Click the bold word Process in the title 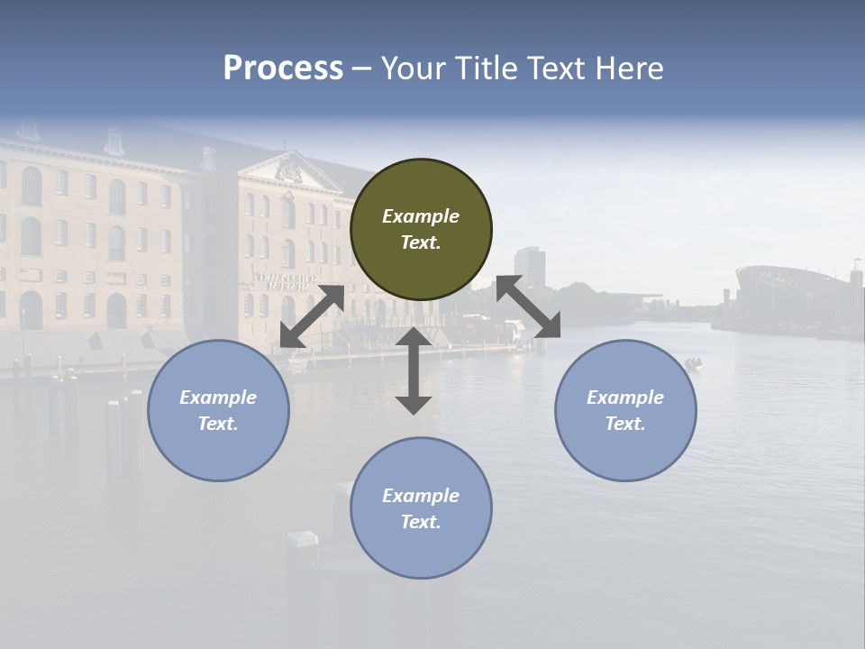[x=283, y=69]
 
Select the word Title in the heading [x=484, y=69]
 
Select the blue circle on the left [x=218, y=410]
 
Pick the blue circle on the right [x=625, y=410]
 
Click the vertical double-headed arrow [x=414, y=370]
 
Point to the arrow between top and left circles [x=312, y=316]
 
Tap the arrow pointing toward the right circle [x=529, y=306]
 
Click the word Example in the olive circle [x=421, y=216]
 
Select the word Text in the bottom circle [x=421, y=522]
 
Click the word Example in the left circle [x=218, y=398]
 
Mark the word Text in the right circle [x=625, y=424]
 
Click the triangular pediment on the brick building [x=290, y=170]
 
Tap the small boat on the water [x=692, y=363]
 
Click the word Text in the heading [x=559, y=69]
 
